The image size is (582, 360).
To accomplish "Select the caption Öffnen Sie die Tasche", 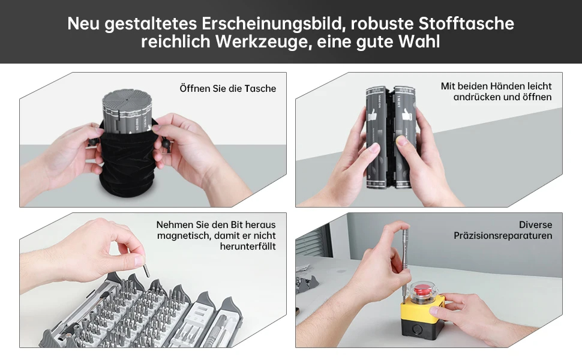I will click(228, 88).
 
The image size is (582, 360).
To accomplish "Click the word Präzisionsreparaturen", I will click(503, 236).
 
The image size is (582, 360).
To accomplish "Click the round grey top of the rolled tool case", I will click(126, 99).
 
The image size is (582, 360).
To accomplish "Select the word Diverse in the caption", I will click(536, 225).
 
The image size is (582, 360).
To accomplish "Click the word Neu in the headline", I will click(83, 23).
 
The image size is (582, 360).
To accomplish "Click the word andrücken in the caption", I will click(477, 97).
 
